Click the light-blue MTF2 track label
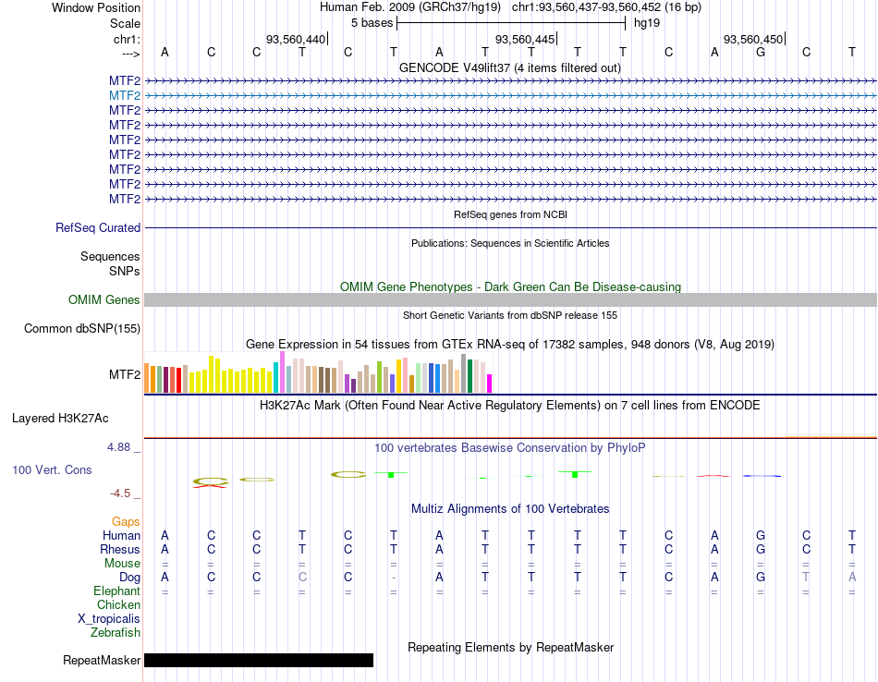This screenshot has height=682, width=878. pos(125,96)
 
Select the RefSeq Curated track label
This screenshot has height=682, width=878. pos(98,228)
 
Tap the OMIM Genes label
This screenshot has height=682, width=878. pos(104,299)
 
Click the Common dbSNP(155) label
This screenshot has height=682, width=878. pos(82,329)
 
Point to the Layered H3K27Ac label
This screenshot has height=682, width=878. pos(60,419)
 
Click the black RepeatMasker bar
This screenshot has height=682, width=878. pos(259,660)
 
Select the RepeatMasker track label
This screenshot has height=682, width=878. pos(102,660)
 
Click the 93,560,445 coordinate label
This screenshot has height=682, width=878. pos(525,39)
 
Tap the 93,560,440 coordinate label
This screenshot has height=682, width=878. pos(295,39)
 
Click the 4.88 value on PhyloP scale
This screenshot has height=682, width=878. pos(118,447)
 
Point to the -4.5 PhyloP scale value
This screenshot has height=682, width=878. pos(120,493)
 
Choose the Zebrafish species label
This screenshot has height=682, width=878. pos(116,633)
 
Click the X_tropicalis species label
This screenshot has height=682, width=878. pos(109,619)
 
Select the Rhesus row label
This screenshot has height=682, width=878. pos(120,549)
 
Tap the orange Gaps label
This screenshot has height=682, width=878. pos(126,522)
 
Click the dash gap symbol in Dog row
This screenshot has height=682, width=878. pos(394,578)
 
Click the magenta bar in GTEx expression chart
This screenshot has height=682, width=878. pos(489,384)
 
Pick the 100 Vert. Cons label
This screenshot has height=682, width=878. pos(52,470)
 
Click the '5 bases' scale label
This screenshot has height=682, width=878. pos(372,23)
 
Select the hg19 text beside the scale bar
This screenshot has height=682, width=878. pos(647,23)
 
